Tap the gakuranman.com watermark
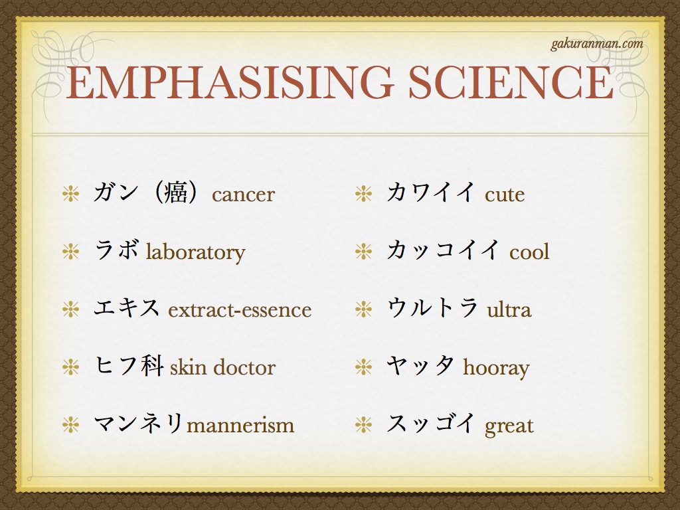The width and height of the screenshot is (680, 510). coord(597,44)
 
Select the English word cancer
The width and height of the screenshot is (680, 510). coord(243,195)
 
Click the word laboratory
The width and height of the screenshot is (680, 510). coord(195,253)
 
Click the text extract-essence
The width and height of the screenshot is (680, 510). coord(240,310)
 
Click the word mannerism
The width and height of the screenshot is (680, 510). coord(240,426)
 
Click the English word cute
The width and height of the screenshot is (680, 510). coord(505,195)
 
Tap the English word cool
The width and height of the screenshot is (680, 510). coord(529,252)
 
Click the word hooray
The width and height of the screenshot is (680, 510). coord(496,369)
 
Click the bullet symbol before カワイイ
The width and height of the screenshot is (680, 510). coord(363,194)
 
